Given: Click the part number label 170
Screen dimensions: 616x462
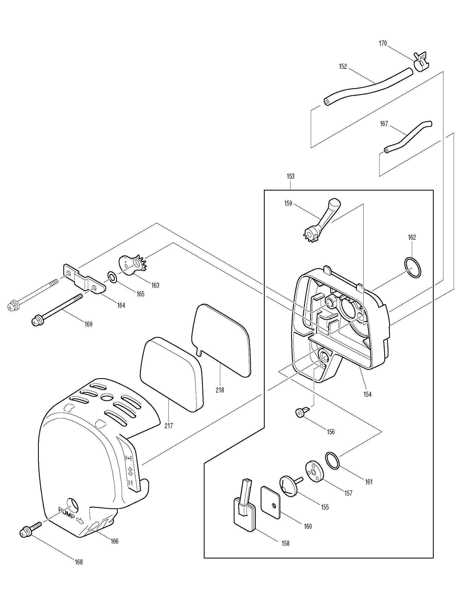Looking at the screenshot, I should tap(383, 43).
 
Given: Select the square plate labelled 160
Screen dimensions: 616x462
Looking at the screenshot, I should tap(270, 502).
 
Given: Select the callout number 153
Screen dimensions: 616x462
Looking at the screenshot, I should tap(290, 176).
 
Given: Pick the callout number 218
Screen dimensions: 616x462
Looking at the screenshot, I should tap(220, 390).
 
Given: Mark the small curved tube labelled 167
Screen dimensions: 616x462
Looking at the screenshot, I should tap(408, 137).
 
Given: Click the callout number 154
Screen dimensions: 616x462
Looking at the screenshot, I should tap(367, 394).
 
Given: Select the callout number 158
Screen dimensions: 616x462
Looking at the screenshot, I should tap(286, 543).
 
